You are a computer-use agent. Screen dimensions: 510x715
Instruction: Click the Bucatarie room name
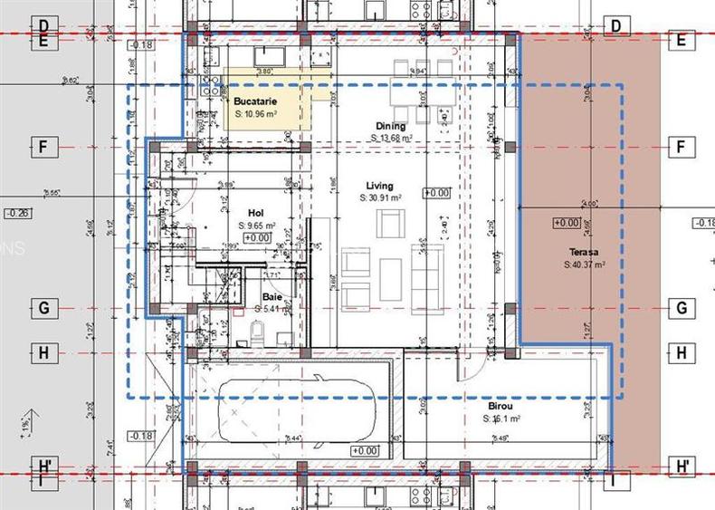click(x=253, y=102)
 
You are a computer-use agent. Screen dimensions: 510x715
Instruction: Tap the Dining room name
click(x=391, y=126)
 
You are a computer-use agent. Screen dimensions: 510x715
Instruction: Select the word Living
click(x=380, y=186)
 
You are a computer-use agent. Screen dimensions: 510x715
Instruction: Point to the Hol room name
click(x=255, y=214)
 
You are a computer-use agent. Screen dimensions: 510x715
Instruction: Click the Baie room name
click(x=272, y=297)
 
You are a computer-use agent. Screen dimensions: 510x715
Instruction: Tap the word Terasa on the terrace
click(x=584, y=253)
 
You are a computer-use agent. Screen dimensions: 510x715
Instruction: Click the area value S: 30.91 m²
click(x=380, y=197)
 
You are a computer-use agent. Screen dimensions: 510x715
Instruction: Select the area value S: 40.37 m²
click(x=584, y=265)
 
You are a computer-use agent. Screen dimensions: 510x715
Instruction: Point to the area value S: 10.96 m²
click(x=255, y=115)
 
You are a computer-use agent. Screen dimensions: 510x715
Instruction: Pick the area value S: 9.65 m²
click(x=255, y=226)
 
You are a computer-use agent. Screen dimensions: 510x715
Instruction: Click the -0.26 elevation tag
click(x=16, y=214)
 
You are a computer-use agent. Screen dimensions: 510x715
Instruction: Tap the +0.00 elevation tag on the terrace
click(x=567, y=223)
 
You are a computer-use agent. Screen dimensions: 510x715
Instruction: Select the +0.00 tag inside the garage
click(x=365, y=450)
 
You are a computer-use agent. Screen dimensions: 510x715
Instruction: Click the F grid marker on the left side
click(x=43, y=147)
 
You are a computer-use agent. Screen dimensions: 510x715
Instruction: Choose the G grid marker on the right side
click(x=681, y=308)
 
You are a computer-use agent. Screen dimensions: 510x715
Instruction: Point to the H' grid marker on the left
click(x=43, y=466)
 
